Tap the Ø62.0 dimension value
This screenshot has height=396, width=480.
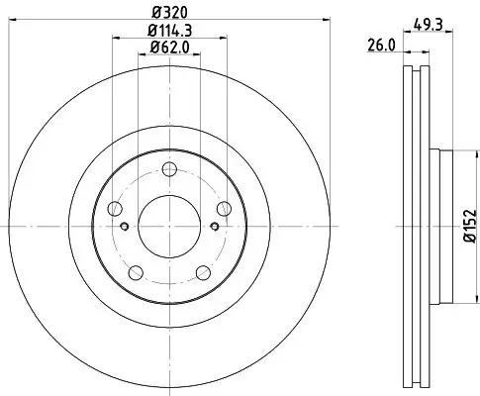tap(169, 49)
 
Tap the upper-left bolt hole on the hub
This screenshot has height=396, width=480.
tap(116, 208)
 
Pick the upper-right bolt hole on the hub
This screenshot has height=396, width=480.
tap(224, 208)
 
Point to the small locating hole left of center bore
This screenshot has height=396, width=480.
tap(125, 225)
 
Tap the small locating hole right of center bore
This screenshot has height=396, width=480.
tap(215, 225)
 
